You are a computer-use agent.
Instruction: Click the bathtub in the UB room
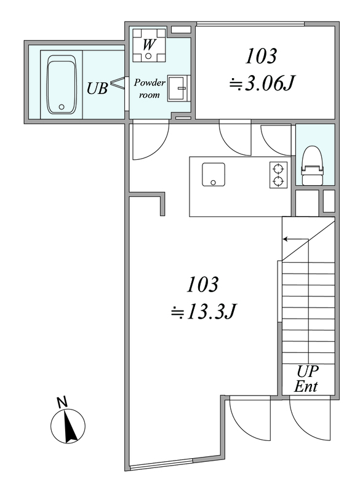[x=62, y=84]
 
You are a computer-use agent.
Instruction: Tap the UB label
[x=97, y=89]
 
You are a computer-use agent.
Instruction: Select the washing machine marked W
[x=149, y=45]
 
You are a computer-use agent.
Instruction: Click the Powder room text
[x=150, y=89]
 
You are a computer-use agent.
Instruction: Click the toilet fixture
[x=312, y=165]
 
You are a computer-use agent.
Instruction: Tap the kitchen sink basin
[x=214, y=174]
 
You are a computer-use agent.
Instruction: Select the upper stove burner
[x=278, y=169]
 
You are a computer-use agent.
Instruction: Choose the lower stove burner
[x=278, y=181]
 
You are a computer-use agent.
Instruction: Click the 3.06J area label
[x=262, y=84]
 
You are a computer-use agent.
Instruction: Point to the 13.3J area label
[x=202, y=312]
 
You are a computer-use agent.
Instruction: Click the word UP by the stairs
[x=308, y=372]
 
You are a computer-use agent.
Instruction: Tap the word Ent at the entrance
[x=306, y=386]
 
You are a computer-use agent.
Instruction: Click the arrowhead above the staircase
[x=285, y=239]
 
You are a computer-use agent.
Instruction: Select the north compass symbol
[x=68, y=426]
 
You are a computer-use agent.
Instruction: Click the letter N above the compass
[x=62, y=402]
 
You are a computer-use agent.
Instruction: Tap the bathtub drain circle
[x=62, y=107]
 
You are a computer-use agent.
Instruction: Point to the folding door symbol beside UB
[x=118, y=83]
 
